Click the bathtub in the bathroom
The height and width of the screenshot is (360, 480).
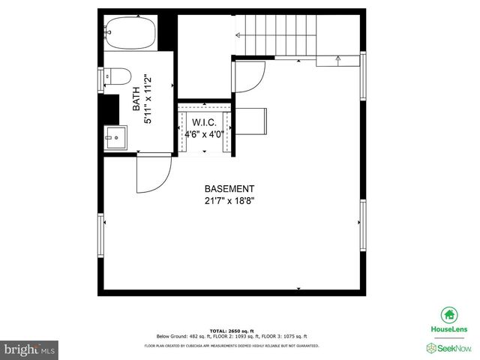[x=130, y=33]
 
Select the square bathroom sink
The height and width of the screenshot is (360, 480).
[x=116, y=136]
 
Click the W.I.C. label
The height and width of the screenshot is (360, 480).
[x=205, y=122]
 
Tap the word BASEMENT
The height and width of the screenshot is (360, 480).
[x=229, y=189]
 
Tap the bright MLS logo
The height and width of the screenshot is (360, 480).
[x=30, y=349]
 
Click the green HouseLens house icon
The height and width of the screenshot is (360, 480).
[x=449, y=316]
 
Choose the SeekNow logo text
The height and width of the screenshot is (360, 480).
[x=454, y=349]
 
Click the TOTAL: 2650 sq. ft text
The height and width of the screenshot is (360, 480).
[x=231, y=331]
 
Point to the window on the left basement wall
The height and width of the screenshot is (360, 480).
[x=100, y=235]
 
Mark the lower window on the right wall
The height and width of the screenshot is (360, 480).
[x=363, y=224]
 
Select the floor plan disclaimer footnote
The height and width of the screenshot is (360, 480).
[x=231, y=346]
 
